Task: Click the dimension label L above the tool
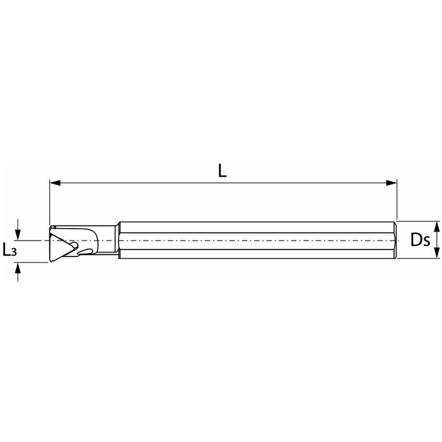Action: [222, 170]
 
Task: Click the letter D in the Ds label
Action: [416, 240]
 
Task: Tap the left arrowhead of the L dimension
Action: [56, 183]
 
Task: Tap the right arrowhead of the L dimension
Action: [391, 183]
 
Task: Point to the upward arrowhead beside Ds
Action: [437, 227]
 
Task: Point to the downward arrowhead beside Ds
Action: [437, 253]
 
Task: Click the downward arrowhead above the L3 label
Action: [18, 235]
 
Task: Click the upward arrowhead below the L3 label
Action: [18, 268]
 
